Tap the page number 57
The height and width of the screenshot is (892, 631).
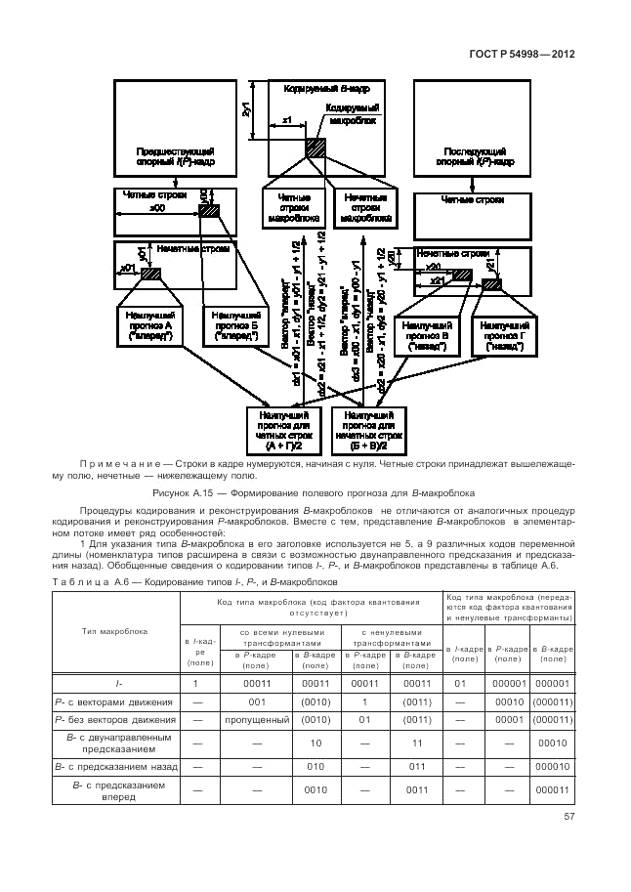568,817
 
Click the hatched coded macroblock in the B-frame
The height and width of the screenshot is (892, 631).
315,149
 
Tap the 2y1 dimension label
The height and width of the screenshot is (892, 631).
247,109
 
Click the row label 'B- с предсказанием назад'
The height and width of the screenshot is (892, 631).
115,767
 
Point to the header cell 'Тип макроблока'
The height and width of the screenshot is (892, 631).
115,630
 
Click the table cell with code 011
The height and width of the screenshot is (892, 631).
417,767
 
